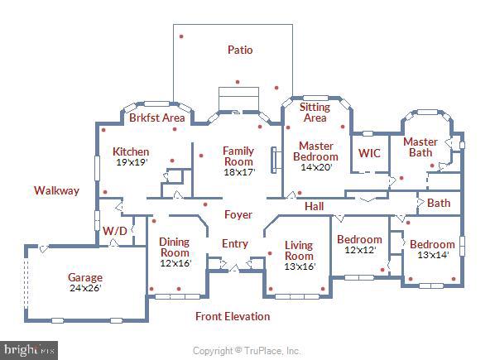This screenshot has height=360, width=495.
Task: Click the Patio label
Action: coord(240,50)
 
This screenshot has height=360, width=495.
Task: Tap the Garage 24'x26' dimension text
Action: coord(85,288)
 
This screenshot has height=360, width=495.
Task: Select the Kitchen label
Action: coord(131,151)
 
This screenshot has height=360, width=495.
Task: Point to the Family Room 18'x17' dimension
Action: coord(239,172)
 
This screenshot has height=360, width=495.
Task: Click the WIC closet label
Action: coord(369,153)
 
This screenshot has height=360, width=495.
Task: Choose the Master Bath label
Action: coord(421,147)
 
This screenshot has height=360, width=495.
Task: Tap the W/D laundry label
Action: coord(114,231)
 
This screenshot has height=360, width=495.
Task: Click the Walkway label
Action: coord(56,190)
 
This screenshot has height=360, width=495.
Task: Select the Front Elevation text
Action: coord(233,316)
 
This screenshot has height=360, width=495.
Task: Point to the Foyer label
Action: coord(238,214)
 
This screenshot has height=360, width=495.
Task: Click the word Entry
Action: coord(235,243)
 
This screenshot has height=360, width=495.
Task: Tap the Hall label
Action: coord(314,206)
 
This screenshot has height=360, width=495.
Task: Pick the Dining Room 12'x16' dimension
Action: coord(175,263)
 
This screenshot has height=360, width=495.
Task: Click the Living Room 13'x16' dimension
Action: coord(300,266)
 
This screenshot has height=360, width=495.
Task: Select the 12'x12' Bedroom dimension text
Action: coord(360,250)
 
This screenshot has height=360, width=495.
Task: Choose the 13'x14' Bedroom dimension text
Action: coord(433,255)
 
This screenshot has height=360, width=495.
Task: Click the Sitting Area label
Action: coord(315,113)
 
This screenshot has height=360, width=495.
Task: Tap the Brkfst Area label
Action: coord(157,118)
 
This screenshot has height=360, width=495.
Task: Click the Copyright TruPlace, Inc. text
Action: coord(246,351)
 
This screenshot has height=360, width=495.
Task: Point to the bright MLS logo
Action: coord(29,351)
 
